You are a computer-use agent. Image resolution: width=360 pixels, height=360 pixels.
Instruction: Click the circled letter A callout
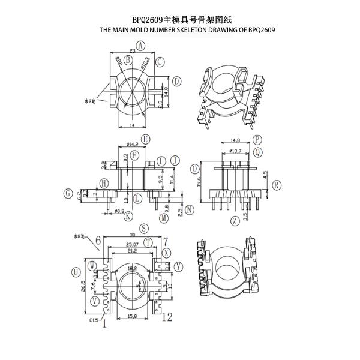point(140,45)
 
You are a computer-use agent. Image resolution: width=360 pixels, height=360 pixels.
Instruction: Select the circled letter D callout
point(177,81)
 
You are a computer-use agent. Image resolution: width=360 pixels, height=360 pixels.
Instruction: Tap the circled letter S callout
point(143,229)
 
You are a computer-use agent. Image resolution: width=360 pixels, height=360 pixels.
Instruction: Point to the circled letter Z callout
point(235,221)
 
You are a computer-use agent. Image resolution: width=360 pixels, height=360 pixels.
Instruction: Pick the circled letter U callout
point(75,272)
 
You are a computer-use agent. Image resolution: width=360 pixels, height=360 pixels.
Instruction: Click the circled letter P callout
point(257,139)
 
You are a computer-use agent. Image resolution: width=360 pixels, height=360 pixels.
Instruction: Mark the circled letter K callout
point(128,215)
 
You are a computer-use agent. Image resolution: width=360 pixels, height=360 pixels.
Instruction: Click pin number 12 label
point(167,317)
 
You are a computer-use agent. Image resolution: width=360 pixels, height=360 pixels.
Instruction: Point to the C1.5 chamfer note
point(94,321)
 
